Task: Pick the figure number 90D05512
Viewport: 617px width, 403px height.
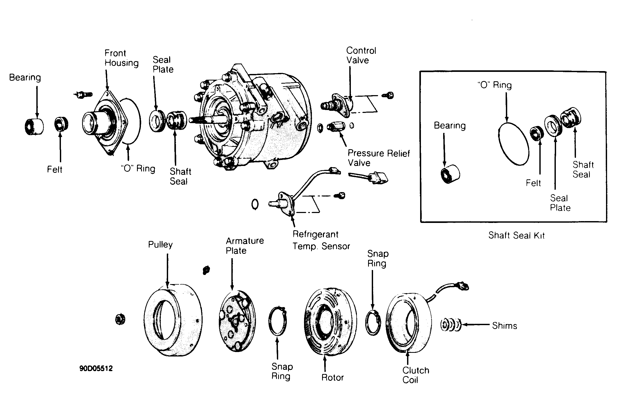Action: point(96,369)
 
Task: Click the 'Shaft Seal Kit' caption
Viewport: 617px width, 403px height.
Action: point(516,235)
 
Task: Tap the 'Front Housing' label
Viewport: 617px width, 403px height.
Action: point(122,58)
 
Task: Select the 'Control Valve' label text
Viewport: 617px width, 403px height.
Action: point(361,55)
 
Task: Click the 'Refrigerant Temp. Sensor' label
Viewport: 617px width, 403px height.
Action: point(321,240)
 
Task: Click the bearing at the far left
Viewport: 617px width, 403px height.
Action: point(34,127)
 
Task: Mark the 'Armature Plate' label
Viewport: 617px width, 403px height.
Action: point(245,246)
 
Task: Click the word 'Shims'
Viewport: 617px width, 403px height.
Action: point(505,326)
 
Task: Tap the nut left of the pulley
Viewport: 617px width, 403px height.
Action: point(120,319)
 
